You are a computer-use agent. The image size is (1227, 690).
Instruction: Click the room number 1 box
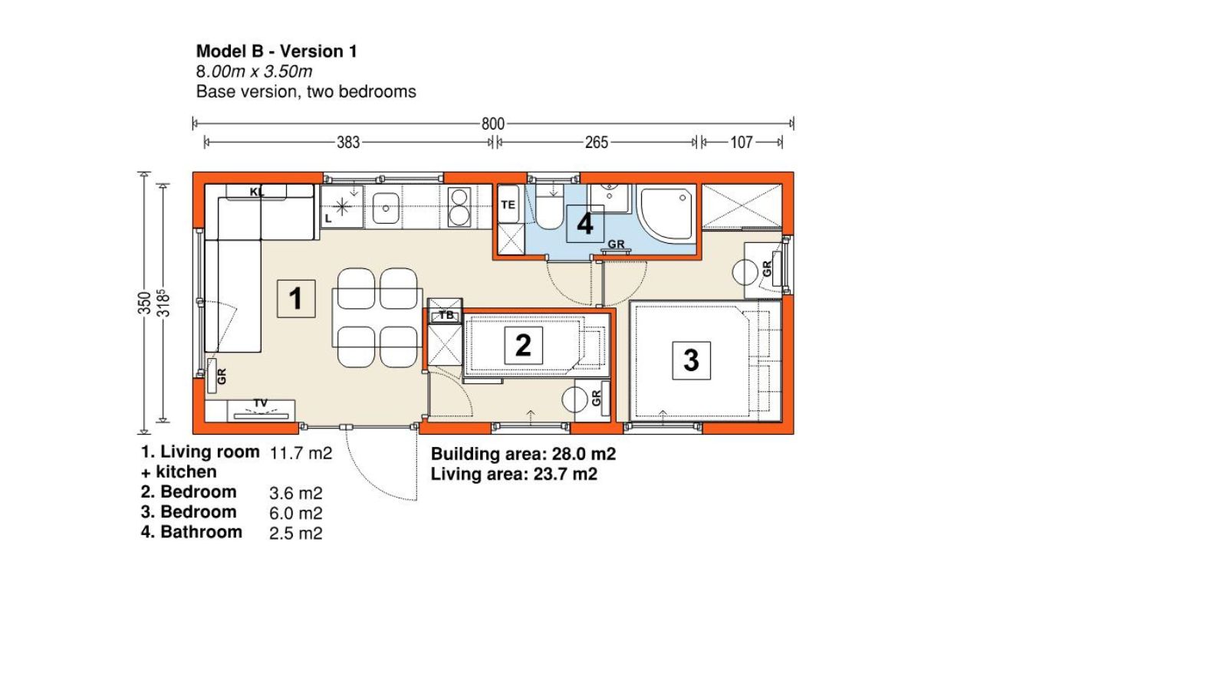point(296,298)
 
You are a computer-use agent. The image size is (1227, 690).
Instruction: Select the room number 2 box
point(523,346)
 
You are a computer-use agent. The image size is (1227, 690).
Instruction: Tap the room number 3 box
point(691,360)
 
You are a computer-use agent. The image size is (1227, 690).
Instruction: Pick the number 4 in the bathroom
point(585,224)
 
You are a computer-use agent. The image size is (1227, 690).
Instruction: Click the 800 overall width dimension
point(492,123)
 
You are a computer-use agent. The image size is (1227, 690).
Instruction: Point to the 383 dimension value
point(348,143)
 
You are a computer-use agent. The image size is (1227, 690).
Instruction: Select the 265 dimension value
point(597,143)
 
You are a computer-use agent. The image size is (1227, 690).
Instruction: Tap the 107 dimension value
point(741,143)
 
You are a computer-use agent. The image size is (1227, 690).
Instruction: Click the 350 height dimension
point(144,303)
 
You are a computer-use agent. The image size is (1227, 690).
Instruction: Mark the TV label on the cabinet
point(261,403)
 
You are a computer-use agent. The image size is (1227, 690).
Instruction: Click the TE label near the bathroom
point(508,205)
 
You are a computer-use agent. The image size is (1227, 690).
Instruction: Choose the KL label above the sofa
point(256,192)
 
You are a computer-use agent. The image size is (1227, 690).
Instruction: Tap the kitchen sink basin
point(386,209)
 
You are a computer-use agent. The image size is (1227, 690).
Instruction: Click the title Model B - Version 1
point(277,51)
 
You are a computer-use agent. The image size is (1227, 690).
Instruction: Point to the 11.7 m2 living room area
point(301,453)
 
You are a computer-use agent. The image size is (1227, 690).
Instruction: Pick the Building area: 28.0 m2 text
point(523,454)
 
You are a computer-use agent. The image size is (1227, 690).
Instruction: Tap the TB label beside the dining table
point(446,315)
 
